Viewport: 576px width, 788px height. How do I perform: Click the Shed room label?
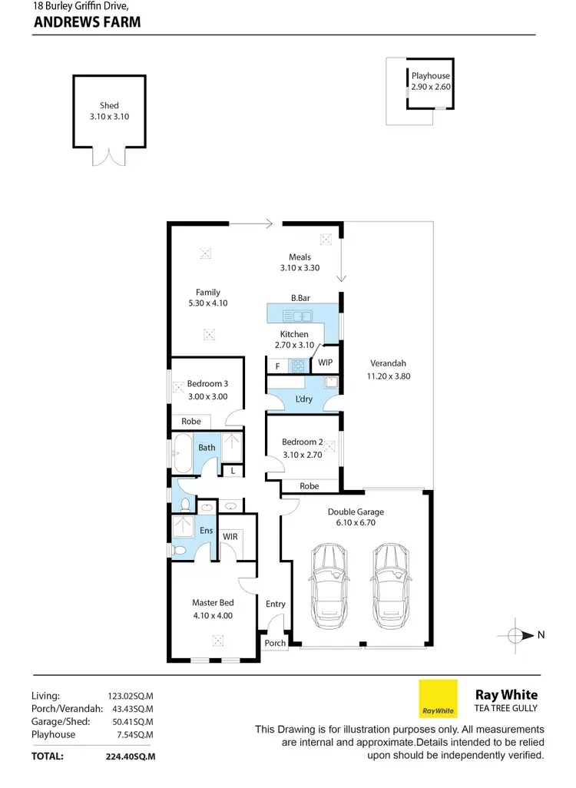point(109,106)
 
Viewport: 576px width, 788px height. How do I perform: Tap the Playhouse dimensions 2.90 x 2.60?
point(430,88)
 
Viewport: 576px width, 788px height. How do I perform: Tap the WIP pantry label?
point(326,363)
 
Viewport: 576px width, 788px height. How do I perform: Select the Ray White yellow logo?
point(438,698)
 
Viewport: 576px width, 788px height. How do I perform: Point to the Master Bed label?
point(213,603)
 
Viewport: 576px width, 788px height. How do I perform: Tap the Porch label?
point(275,643)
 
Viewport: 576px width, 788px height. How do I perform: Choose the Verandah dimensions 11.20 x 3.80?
point(388,376)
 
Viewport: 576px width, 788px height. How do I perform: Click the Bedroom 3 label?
point(207,383)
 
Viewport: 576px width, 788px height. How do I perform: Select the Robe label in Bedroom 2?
point(310,486)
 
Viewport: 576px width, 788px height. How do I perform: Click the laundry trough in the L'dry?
point(331,382)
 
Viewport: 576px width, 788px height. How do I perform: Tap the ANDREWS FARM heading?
point(88,22)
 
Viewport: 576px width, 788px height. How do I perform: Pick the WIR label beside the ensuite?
point(230,536)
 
